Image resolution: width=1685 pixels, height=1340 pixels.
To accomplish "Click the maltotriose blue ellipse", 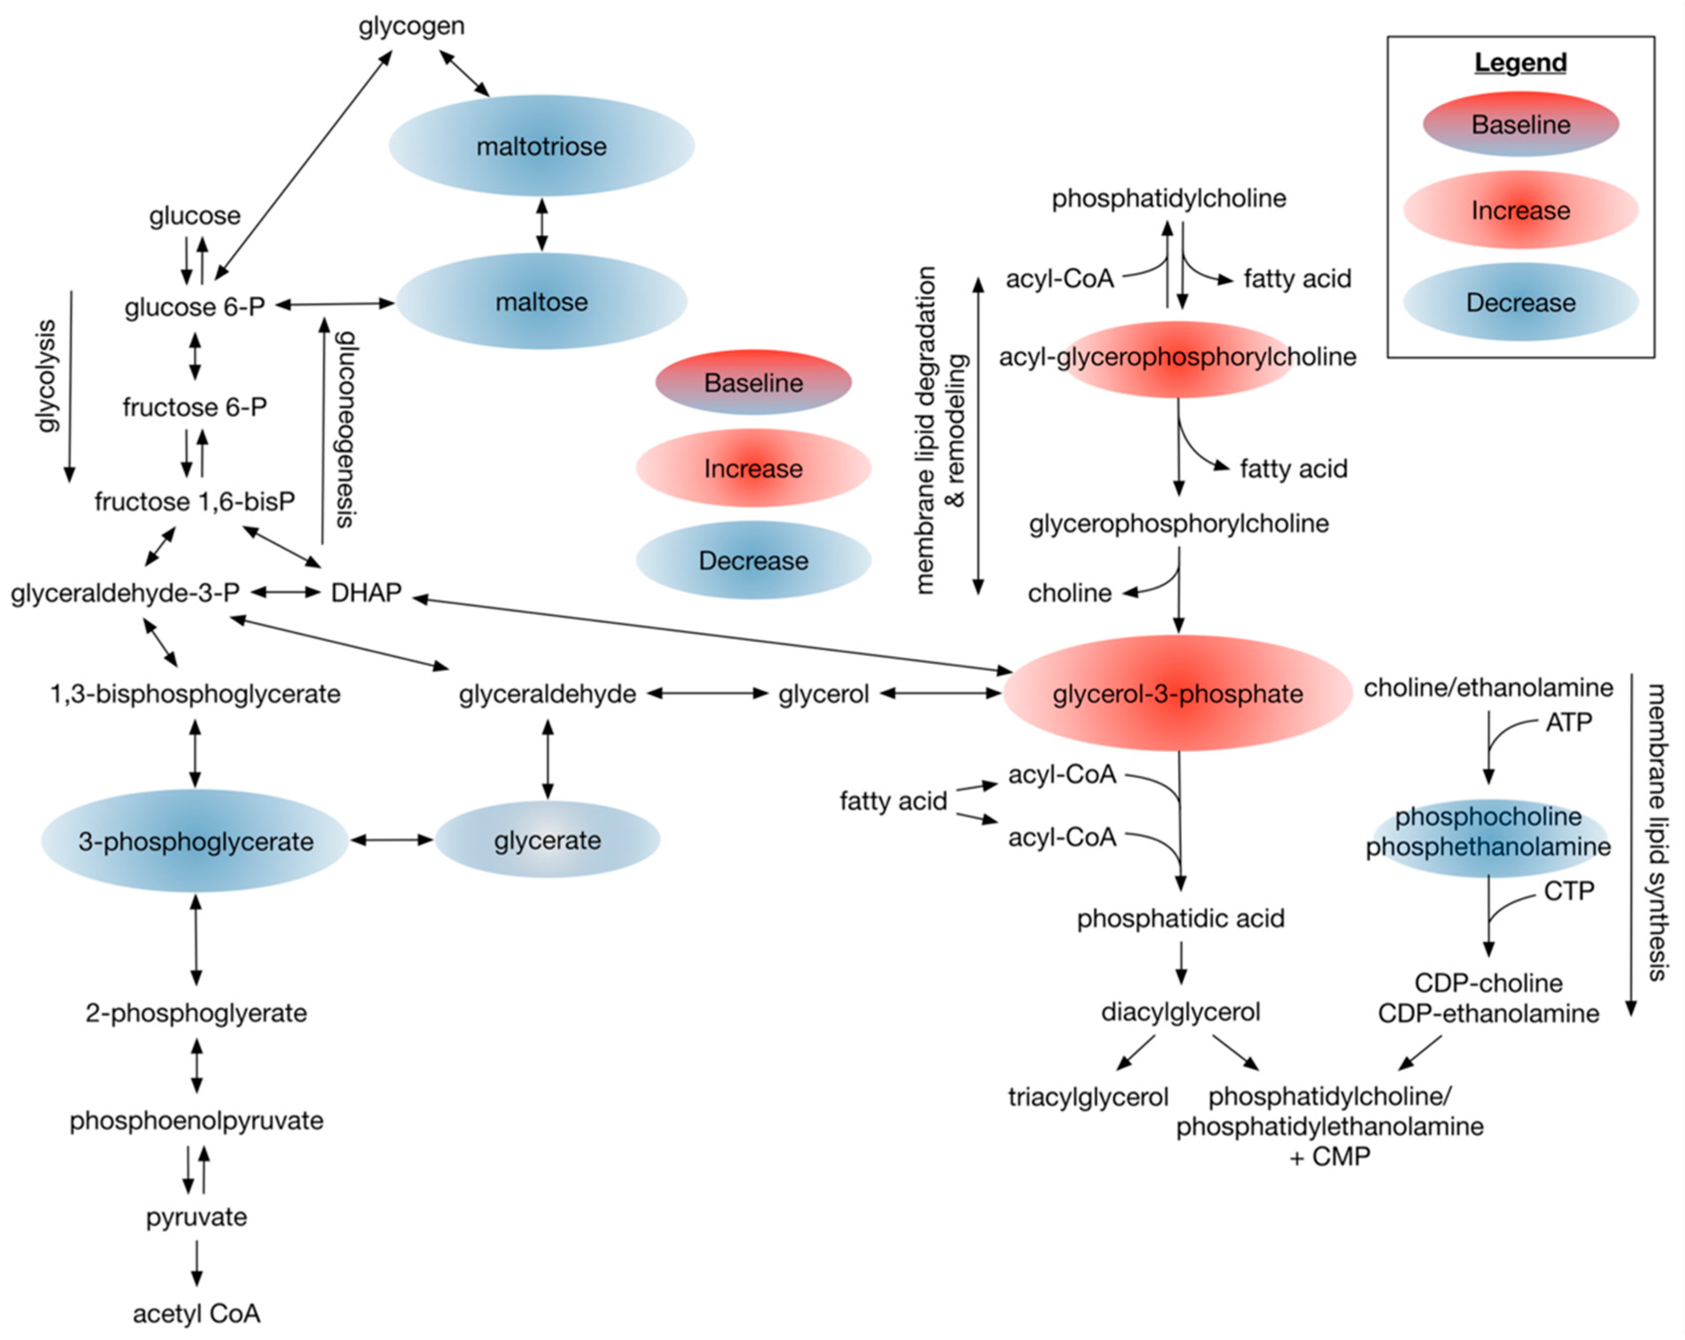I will tap(542, 146).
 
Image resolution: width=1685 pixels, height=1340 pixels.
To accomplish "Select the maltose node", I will tap(542, 302).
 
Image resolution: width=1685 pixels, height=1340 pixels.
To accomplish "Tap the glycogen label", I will tap(411, 26).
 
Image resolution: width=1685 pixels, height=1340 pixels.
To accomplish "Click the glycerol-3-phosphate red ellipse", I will tap(1178, 693).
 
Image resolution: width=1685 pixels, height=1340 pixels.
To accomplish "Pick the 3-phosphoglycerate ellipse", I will tap(195, 841).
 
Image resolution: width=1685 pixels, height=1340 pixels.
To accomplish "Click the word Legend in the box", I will tap(1520, 62).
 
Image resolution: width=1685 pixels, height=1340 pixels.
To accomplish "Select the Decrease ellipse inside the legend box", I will tap(1520, 303).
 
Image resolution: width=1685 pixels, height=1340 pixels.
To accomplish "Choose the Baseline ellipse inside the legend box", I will tap(1520, 124).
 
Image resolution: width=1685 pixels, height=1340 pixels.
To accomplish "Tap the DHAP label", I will tap(366, 593).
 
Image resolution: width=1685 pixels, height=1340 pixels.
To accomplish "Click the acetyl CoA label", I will tap(196, 1314).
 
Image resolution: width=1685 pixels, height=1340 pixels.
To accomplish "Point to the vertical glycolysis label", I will tap(48, 375).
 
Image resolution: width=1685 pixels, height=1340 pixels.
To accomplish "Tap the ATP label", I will tap(1568, 722).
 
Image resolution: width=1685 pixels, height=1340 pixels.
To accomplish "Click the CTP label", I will tap(1568, 890).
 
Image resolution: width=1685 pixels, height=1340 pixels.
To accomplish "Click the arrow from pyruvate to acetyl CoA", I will tap(197, 1263).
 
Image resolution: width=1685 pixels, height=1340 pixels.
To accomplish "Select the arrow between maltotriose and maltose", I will tap(542, 224).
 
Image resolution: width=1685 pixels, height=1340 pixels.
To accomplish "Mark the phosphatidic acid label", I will tap(1180, 918).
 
